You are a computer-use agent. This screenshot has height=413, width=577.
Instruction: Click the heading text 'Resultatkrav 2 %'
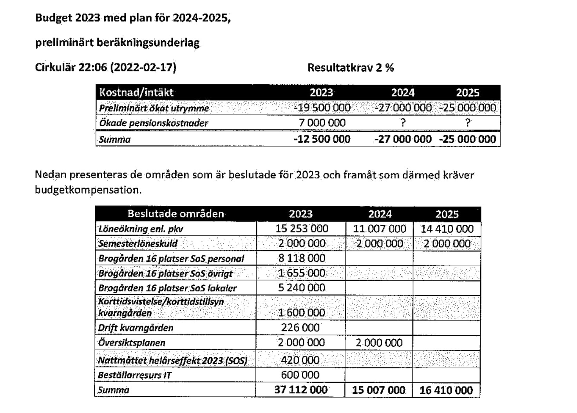click(350, 68)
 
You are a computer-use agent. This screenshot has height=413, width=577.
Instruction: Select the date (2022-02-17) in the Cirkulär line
click(143, 67)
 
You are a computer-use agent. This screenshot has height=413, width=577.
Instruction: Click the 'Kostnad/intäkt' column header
click(136, 93)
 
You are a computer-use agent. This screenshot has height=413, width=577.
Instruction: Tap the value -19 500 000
click(322, 108)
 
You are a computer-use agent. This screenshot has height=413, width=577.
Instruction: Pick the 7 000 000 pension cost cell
click(322, 123)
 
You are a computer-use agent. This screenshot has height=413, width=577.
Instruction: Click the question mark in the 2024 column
click(403, 123)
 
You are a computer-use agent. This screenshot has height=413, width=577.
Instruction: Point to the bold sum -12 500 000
click(322, 139)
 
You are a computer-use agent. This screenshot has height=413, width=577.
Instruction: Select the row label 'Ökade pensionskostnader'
click(153, 123)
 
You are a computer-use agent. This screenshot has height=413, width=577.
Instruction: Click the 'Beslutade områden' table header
click(175, 214)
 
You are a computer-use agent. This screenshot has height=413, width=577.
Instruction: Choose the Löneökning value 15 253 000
click(301, 229)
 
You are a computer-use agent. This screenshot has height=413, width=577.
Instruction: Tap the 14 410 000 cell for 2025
click(447, 229)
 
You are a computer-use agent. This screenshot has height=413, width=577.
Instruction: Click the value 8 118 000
click(301, 258)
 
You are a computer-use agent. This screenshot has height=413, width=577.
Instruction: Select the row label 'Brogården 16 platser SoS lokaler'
click(167, 288)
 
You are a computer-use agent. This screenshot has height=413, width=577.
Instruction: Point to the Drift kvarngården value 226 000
click(300, 327)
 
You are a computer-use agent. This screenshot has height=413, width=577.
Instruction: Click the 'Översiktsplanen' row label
click(132, 343)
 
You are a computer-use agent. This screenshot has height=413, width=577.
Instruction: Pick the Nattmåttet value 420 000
click(300, 360)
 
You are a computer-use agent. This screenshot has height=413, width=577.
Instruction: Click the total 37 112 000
click(300, 390)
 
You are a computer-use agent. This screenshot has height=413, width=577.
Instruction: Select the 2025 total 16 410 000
click(446, 390)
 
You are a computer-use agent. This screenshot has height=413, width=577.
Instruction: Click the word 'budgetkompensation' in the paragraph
click(87, 190)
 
